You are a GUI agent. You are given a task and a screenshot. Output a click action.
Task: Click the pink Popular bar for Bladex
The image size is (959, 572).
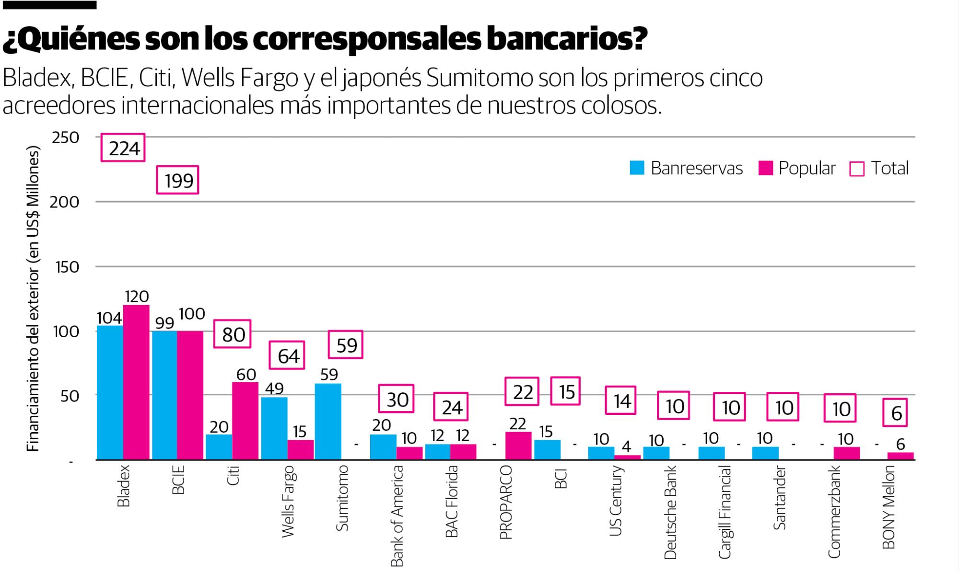pos(136,382)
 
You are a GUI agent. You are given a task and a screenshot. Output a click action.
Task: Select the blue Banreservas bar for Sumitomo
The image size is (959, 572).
pos(328,422)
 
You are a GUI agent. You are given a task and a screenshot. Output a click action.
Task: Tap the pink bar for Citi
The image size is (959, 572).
pos(245,421)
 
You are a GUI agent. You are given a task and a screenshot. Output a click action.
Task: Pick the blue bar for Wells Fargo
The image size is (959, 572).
pos(274,428)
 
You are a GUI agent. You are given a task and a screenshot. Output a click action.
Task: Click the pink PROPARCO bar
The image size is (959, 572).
pos(518,446)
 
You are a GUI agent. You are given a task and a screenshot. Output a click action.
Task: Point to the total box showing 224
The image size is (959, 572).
pos(123,148)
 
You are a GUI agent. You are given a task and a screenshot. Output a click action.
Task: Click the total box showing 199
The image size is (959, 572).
pos(178,180)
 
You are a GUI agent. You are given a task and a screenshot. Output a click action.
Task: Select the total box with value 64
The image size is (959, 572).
pos(287,355)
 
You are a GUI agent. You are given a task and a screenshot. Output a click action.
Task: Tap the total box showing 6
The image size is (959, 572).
pos(896,413)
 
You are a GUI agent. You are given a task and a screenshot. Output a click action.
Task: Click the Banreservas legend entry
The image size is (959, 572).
pos(686,168)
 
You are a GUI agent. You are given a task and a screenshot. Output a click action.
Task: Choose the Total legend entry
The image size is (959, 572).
pos(879,168)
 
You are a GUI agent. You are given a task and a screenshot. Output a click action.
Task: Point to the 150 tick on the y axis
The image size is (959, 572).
pos(67,267)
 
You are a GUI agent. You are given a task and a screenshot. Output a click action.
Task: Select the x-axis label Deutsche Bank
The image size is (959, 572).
pos(670,512)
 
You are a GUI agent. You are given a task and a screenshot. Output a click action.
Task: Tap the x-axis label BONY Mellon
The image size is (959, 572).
pos(889,508)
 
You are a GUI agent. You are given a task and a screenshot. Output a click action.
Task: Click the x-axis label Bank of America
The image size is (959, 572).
pos(397,515)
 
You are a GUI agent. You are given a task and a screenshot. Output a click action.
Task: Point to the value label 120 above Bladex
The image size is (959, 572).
pos(137,297)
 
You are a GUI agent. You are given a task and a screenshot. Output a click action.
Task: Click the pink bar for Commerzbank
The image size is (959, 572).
pos(847,453)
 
